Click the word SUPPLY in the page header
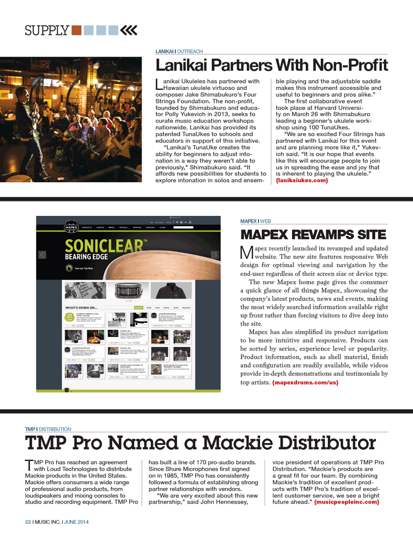47,31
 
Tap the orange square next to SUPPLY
76,30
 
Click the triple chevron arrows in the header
128,30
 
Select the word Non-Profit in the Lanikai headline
350,65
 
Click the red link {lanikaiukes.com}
302,180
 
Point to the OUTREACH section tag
190,51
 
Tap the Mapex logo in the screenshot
71,227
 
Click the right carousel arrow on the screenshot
215,255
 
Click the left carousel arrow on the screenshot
42,255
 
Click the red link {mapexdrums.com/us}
305,382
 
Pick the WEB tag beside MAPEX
266,221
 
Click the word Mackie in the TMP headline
237,443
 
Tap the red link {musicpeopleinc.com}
347,502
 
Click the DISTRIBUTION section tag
55,429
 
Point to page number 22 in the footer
28,522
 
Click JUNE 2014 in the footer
76,522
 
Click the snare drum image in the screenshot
128,290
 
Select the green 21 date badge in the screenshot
69,317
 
